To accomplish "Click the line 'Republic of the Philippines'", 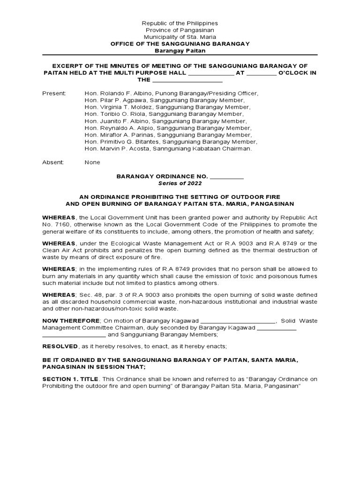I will tap(180, 23).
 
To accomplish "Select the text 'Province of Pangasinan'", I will tap(180, 30).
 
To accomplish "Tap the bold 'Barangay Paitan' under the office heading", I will tap(180, 51).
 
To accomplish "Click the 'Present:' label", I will tap(54, 93).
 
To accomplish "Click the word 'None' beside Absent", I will tap(92, 162).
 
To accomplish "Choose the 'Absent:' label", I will tap(53, 162).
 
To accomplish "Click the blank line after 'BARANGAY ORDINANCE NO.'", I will tap(227, 177).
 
